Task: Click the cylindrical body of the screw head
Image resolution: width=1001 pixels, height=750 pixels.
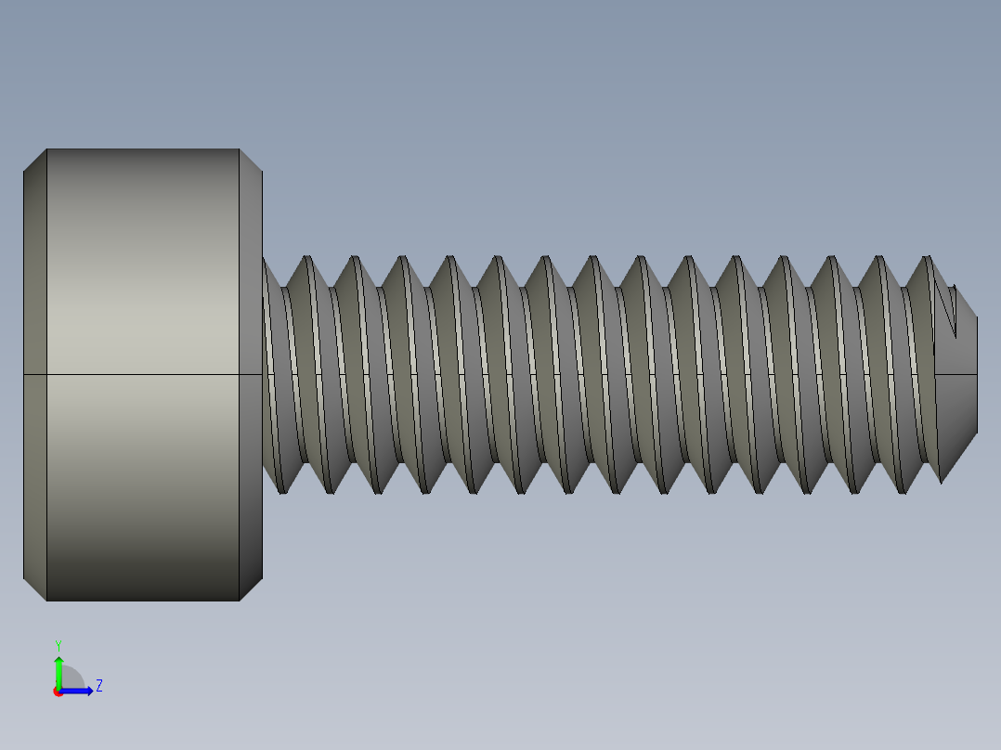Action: (x=143, y=278)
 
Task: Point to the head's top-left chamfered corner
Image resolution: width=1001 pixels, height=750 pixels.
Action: (x=34, y=160)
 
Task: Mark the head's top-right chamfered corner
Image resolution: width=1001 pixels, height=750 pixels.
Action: (x=251, y=160)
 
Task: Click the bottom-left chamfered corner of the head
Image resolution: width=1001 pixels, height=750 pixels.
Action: (x=34, y=589)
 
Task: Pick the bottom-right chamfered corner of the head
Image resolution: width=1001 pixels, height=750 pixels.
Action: (x=251, y=589)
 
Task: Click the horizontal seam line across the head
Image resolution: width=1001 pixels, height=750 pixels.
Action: (x=143, y=374)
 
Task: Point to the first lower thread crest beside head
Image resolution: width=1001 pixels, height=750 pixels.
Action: (x=282, y=490)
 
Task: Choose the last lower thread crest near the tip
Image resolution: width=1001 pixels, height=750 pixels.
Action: (x=941, y=480)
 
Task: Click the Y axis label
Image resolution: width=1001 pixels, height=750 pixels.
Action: (x=58, y=644)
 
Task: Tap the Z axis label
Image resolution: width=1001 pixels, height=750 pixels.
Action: (x=98, y=686)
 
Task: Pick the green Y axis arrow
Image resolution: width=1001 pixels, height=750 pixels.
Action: (x=58, y=668)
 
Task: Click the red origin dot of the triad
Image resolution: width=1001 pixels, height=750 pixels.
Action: (x=58, y=692)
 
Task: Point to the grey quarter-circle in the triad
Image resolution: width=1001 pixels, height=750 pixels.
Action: (x=71, y=679)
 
